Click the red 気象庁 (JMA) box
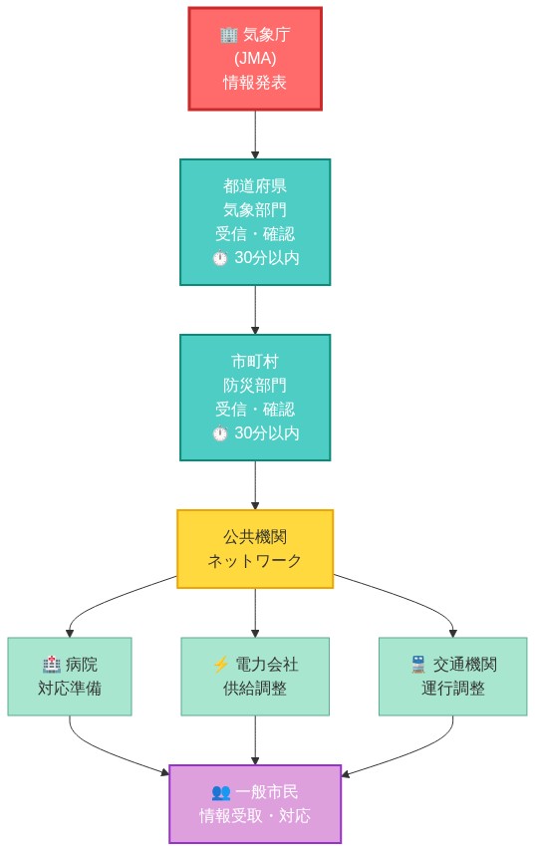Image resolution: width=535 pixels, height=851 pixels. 255,59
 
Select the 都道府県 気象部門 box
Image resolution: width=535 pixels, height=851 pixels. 255,221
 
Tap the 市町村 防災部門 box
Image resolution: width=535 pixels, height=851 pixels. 255,397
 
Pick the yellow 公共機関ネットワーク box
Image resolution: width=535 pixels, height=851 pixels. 255,548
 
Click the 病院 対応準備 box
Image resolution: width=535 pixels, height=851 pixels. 70,676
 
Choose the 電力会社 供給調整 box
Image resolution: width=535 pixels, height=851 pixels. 255,676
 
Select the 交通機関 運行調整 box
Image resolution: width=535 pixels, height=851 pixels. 452,676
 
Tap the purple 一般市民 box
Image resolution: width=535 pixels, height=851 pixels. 255,803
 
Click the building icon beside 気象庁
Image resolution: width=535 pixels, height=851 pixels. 228,35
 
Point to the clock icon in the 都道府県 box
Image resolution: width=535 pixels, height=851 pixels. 220,258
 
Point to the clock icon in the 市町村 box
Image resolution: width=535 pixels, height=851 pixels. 220,433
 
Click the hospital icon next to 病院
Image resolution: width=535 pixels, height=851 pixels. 52,665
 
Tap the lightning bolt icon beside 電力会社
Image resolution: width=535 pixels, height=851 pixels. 221,665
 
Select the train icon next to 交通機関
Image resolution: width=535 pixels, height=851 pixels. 418,665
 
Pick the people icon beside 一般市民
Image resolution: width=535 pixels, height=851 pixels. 221,792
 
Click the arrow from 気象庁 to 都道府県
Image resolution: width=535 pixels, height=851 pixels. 255,135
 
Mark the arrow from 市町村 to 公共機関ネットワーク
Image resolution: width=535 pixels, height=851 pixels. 255,485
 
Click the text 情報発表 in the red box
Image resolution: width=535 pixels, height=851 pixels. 255,83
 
